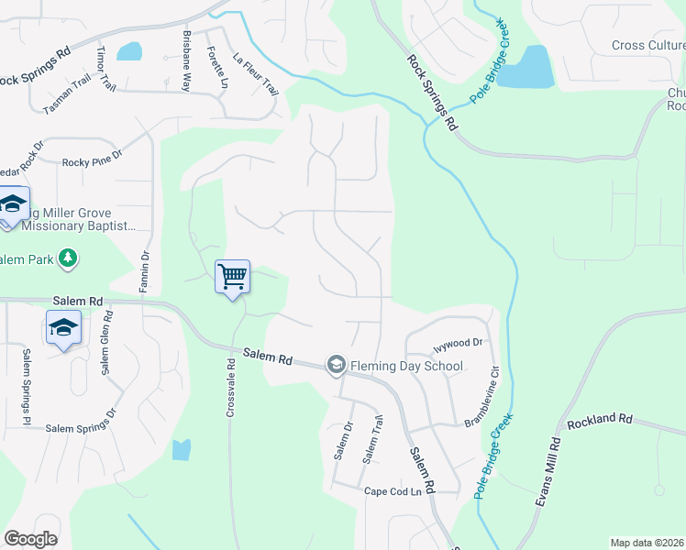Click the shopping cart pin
pyautogui.click(x=233, y=276)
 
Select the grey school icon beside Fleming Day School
pyautogui.click(x=336, y=366)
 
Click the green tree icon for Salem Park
pyautogui.click(x=67, y=259)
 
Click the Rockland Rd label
pyautogui.click(x=600, y=420)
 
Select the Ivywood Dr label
pyautogui.click(x=458, y=343)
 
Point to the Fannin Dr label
pyautogui.click(x=144, y=272)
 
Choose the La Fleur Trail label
pyautogui.click(x=255, y=73)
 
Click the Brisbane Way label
pyautogui.click(x=186, y=60)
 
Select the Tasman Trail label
pyautogui.click(x=67, y=96)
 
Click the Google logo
pyautogui.click(x=30, y=539)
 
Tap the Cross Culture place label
pyautogui.click(x=648, y=46)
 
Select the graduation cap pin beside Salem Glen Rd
pyautogui.click(x=63, y=329)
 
